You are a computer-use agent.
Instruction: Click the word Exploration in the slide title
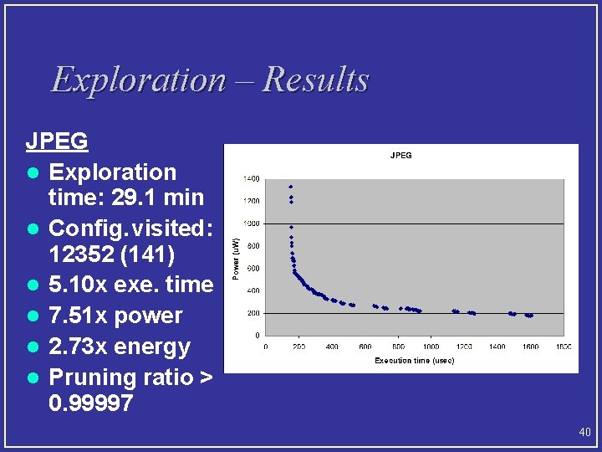pos(138,80)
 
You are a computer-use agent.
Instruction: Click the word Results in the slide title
pos(315,80)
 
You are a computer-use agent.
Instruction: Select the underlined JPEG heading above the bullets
pos(57,141)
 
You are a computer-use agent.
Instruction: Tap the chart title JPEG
pos(400,155)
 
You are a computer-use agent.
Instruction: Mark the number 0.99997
pos(90,403)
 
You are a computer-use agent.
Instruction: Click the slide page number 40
pos(584,433)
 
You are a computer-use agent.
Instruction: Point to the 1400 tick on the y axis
pos(251,178)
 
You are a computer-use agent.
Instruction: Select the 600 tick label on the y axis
pos(253,268)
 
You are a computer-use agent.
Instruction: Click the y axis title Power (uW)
pos(236,257)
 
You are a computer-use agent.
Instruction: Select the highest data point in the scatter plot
pos(290,187)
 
